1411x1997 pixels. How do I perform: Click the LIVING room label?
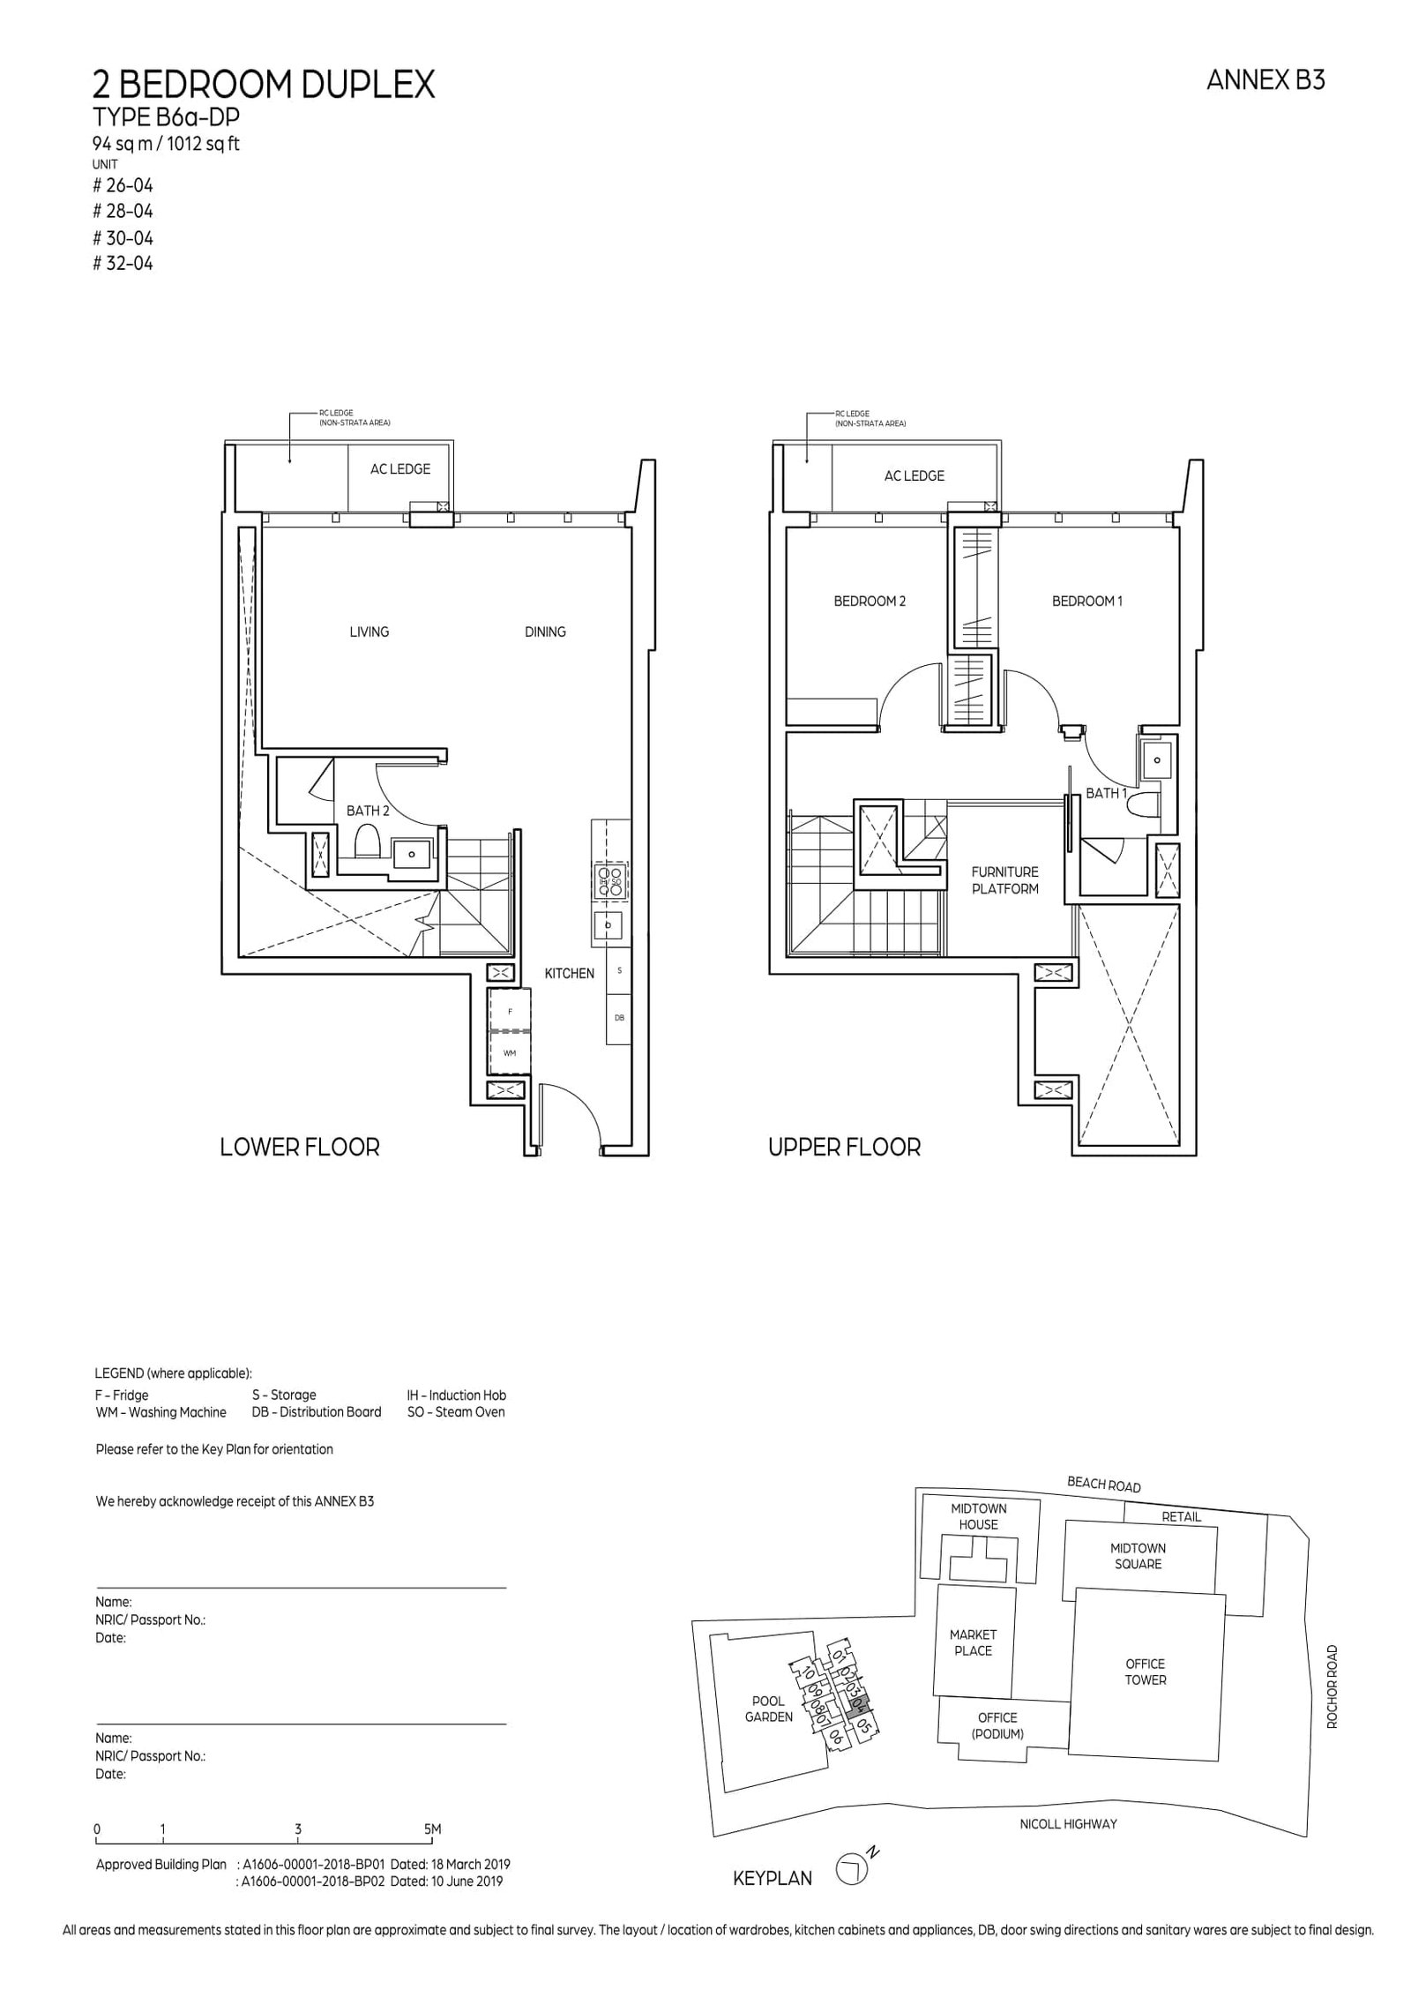click(x=369, y=632)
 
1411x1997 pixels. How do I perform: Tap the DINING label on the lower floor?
click(x=545, y=632)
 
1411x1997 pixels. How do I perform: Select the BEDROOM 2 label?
click(x=870, y=601)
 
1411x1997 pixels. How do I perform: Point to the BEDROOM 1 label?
click(x=1086, y=601)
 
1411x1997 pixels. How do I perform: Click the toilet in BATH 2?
click(x=366, y=842)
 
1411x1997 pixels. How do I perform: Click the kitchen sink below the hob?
click(x=608, y=925)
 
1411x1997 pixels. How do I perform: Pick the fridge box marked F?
click(x=510, y=1011)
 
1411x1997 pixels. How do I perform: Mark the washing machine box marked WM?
click(x=510, y=1053)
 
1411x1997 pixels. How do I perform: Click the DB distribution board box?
click(x=619, y=1017)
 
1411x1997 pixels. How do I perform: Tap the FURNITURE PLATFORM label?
click(x=1005, y=879)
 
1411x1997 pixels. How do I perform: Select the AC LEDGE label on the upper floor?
click(x=914, y=475)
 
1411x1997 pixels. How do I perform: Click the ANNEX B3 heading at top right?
click(x=1265, y=80)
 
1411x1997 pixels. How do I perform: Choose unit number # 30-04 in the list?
click(x=123, y=237)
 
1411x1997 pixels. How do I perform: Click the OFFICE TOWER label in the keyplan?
click(x=1145, y=1672)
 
